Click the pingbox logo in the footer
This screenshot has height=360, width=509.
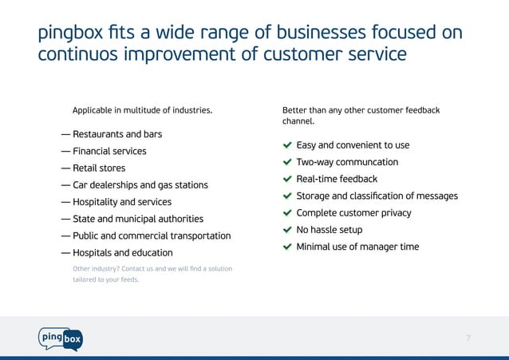(x=60, y=338)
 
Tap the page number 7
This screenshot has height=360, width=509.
(x=468, y=338)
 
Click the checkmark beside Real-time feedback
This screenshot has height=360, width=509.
(x=287, y=180)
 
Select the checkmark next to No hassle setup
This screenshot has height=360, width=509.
(x=287, y=230)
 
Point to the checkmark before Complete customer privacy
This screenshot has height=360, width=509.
(x=287, y=213)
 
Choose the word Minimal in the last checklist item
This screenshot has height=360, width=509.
(x=314, y=247)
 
